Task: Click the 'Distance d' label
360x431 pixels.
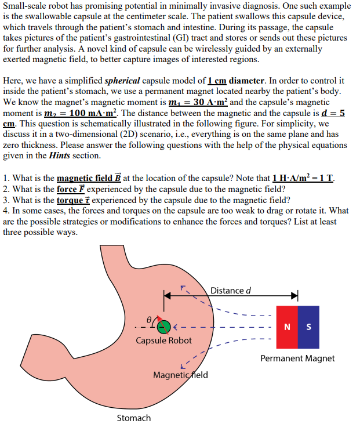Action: tap(230, 290)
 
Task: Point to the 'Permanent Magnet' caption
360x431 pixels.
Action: tap(297, 358)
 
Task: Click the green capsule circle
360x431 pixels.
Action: tap(164, 327)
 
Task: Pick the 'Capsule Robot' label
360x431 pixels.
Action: tap(163, 341)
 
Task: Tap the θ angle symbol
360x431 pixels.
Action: tap(150, 318)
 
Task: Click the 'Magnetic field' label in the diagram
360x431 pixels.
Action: tap(180, 375)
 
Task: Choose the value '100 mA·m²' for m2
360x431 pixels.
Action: tap(94, 113)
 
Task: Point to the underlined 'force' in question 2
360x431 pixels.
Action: tap(68, 189)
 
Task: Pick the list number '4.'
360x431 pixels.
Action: tap(6, 211)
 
